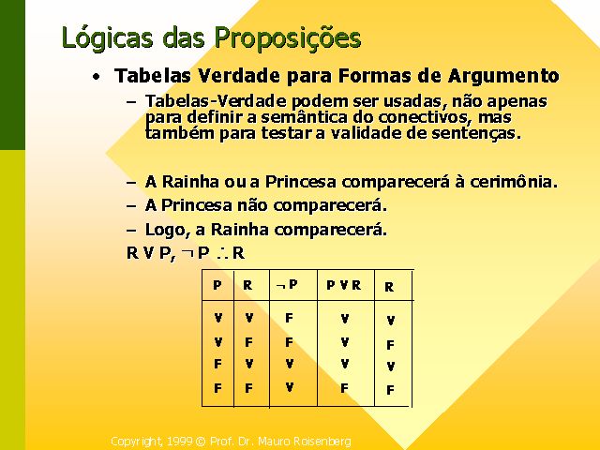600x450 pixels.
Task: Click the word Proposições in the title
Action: click(288, 38)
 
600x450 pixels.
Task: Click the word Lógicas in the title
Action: click(107, 38)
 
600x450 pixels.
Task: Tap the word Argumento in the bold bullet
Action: click(503, 76)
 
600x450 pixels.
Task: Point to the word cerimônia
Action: click(514, 181)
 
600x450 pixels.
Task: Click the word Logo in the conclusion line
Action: click(165, 231)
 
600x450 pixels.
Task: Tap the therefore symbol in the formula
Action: click(223, 253)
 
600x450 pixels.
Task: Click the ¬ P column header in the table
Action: click(287, 285)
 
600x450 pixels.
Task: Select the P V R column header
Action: click(344, 285)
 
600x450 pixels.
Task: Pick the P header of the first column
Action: click(217, 285)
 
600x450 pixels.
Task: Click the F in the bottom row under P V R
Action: click(344, 388)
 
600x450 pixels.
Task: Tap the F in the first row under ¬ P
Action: click(289, 318)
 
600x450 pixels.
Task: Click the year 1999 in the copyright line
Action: click(180, 442)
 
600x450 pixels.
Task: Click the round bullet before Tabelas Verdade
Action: click(97, 77)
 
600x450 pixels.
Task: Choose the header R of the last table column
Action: click(389, 287)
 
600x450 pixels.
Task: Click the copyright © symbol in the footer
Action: click(201, 442)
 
